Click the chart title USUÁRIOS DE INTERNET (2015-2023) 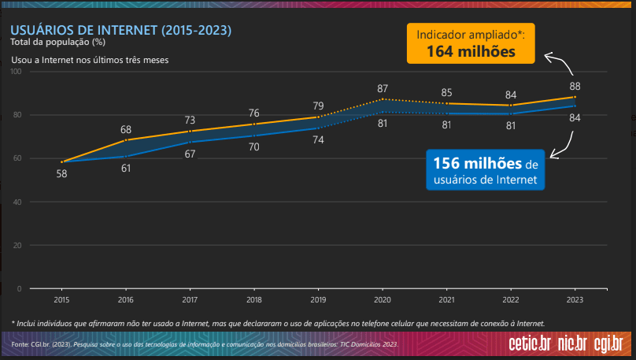coord(120,31)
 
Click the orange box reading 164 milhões coord(471,43)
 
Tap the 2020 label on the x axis coord(382,300)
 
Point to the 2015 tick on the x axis coord(61,300)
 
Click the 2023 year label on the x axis coord(575,300)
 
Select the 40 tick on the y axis coord(17,202)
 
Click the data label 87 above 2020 coord(383,88)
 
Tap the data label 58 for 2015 coord(61,173)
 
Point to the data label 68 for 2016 coord(126,129)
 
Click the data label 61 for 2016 coord(126,168)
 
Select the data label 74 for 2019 coord(318,139)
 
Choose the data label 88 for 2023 coord(575,86)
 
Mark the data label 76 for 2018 coord(253,113)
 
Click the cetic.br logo coord(530,343)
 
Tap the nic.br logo coord(572,343)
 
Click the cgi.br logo coord(608,343)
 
